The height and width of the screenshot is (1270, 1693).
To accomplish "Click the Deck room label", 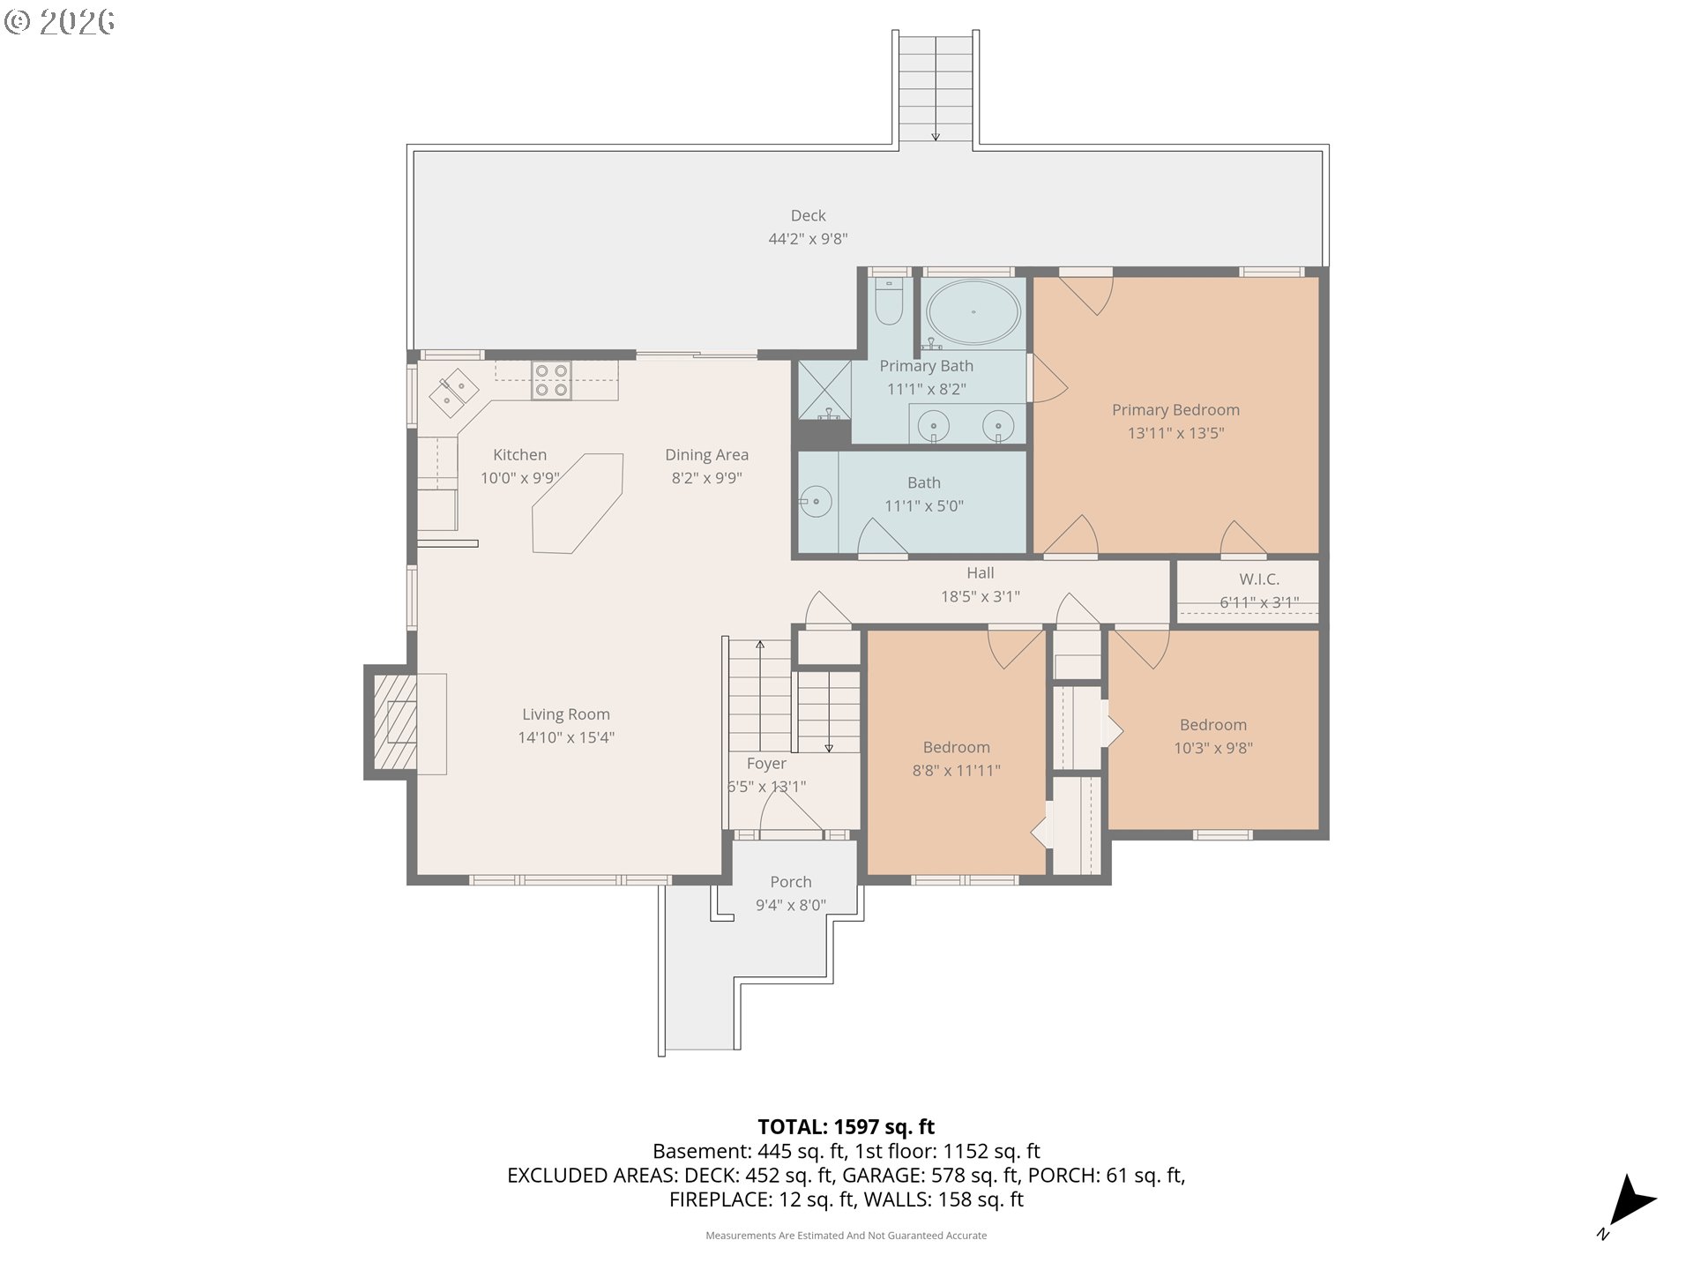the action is [808, 216].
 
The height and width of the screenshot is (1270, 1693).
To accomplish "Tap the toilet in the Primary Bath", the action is [888, 301].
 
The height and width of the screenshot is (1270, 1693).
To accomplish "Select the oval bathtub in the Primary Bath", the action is [973, 312].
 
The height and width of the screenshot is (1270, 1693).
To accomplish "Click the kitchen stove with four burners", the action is [551, 381].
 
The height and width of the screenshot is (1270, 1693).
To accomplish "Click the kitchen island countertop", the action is [578, 504].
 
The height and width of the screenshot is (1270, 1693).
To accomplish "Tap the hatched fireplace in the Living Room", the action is [394, 723].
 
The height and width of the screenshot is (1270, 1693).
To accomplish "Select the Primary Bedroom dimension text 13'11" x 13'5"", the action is [1175, 433].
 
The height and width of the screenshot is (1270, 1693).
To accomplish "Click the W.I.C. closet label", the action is [1259, 579].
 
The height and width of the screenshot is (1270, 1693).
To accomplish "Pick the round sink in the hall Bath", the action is [817, 503].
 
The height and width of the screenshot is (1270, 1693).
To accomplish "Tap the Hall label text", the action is [980, 573].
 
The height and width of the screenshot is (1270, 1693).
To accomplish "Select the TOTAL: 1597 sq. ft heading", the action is [846, 1127].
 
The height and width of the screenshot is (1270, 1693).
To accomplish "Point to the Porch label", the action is [790, 882].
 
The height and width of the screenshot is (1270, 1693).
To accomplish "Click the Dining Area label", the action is [706, 455].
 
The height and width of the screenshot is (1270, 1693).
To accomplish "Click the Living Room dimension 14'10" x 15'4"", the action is [566, 738].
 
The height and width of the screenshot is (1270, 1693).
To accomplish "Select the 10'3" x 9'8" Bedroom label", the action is [1213, 736].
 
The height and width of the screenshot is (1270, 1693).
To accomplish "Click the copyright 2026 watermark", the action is [60, 22].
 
